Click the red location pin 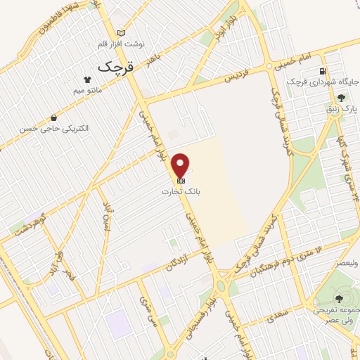point(181,164)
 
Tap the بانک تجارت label point(181,191)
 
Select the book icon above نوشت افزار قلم point(121,33)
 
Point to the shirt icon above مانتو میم point(88,79)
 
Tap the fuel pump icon point(323,71)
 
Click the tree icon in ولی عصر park point(327,298)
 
